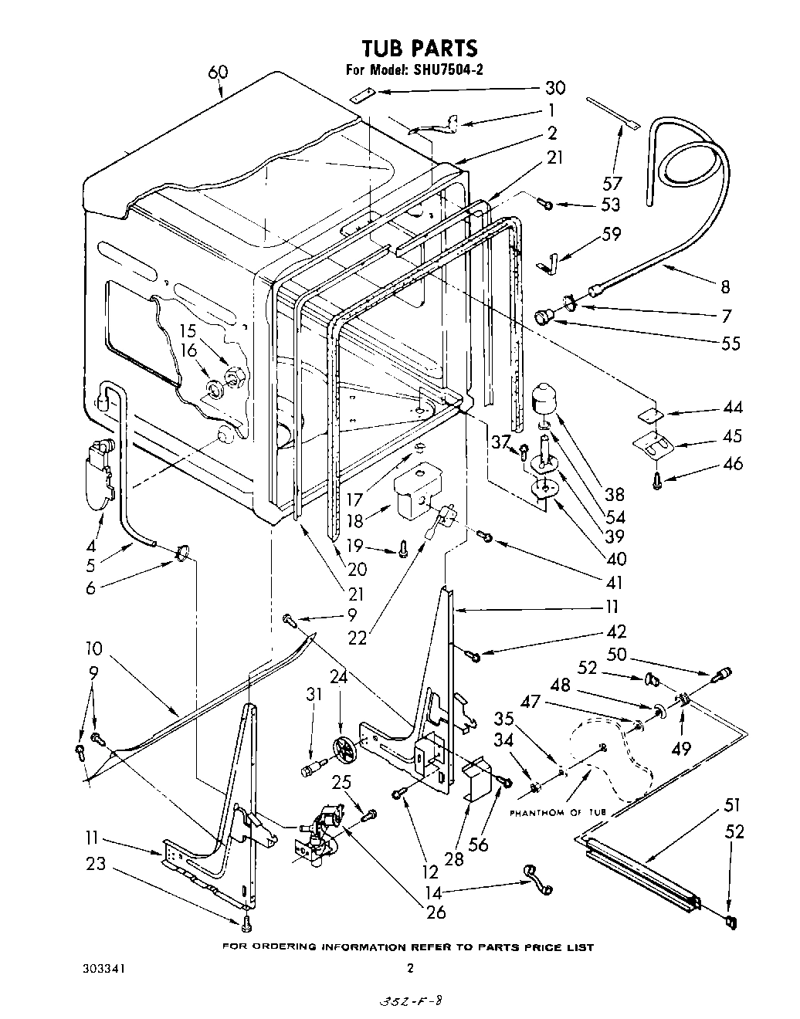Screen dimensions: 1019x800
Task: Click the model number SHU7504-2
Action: coord(443,69)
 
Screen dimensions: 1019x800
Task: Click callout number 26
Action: coord(436,912)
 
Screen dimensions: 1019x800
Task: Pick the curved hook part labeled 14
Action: coord(536,879)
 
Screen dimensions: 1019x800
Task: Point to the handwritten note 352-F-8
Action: coord(410,1001)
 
